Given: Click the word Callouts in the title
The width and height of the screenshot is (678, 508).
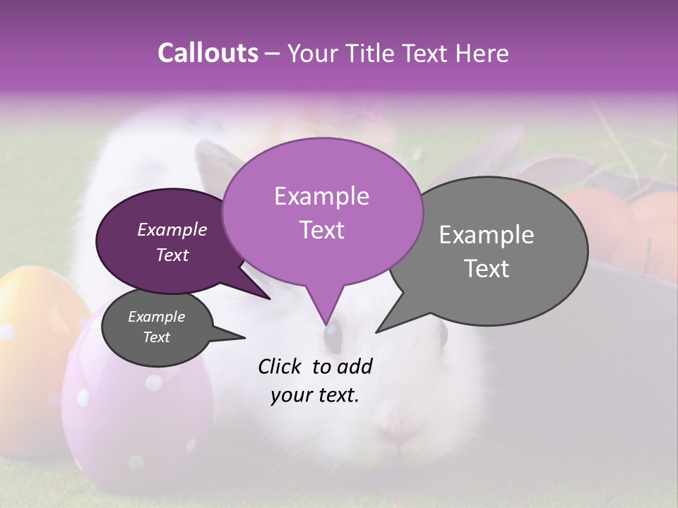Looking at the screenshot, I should click(x=208, y=53).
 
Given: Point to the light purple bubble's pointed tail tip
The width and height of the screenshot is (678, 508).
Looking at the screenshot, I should click(x=326, y=325).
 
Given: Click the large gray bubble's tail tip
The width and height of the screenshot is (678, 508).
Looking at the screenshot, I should click(x=376, y=332).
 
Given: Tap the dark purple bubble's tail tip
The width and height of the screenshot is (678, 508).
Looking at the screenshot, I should click(x=270, y=298).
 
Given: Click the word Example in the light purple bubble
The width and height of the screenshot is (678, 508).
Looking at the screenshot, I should click(x=321, y=196).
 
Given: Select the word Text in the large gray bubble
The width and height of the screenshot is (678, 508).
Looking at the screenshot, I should click(x=487, y=269).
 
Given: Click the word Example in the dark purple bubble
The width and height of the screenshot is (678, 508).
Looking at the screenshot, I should click(x=172, y=229).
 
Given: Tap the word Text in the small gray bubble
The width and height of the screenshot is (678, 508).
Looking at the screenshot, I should click(x=156, y=337).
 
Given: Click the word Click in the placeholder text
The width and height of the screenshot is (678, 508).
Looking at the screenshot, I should click(x=280, y=366).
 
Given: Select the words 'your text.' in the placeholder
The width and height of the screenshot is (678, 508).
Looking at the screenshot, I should click(x=315, y=395).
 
